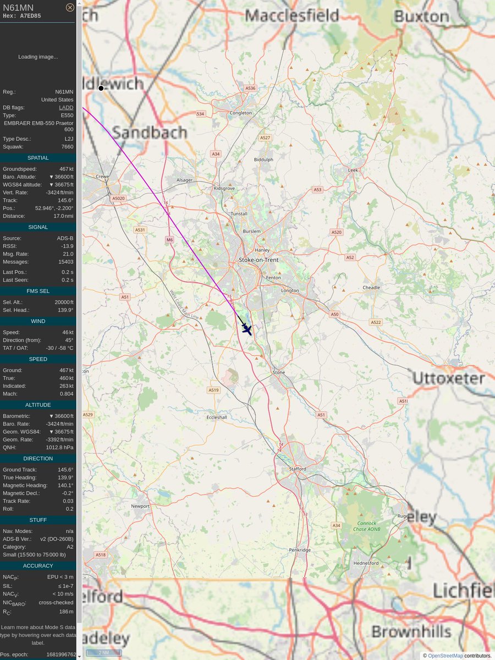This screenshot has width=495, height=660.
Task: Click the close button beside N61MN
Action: click(x=70, y=7)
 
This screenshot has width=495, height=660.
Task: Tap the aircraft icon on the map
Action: click(x=247, y=329)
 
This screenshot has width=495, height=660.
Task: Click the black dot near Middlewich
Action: click(x=101, y=88)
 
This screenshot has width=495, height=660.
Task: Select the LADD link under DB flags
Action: click(x=66, y=108)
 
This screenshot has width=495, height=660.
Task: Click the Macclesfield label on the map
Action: click(x=291, y=15)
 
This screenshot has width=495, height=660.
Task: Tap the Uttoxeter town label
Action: click(x=448, y=378)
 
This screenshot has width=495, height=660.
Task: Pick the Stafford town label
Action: click(x=297, y=469)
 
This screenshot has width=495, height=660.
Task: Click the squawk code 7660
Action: click(x=67, y=147)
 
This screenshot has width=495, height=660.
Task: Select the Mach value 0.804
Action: click(x=67, y=394)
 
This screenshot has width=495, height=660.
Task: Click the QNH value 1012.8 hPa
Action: click(x=59, y=447)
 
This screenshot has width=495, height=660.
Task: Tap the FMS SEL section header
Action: click(x=38, y=291)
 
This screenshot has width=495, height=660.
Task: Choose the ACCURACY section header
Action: click(x=38, y=565)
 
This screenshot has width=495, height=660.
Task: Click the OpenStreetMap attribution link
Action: click(x=446, y=656)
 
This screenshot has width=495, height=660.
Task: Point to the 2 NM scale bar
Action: click(x=103, y=652)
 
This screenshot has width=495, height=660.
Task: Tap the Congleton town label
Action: click(x=241, y=113)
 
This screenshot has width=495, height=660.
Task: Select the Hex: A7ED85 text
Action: click(x=21, y=16)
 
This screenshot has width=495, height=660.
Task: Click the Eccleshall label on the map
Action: click(x=216, y=417)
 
